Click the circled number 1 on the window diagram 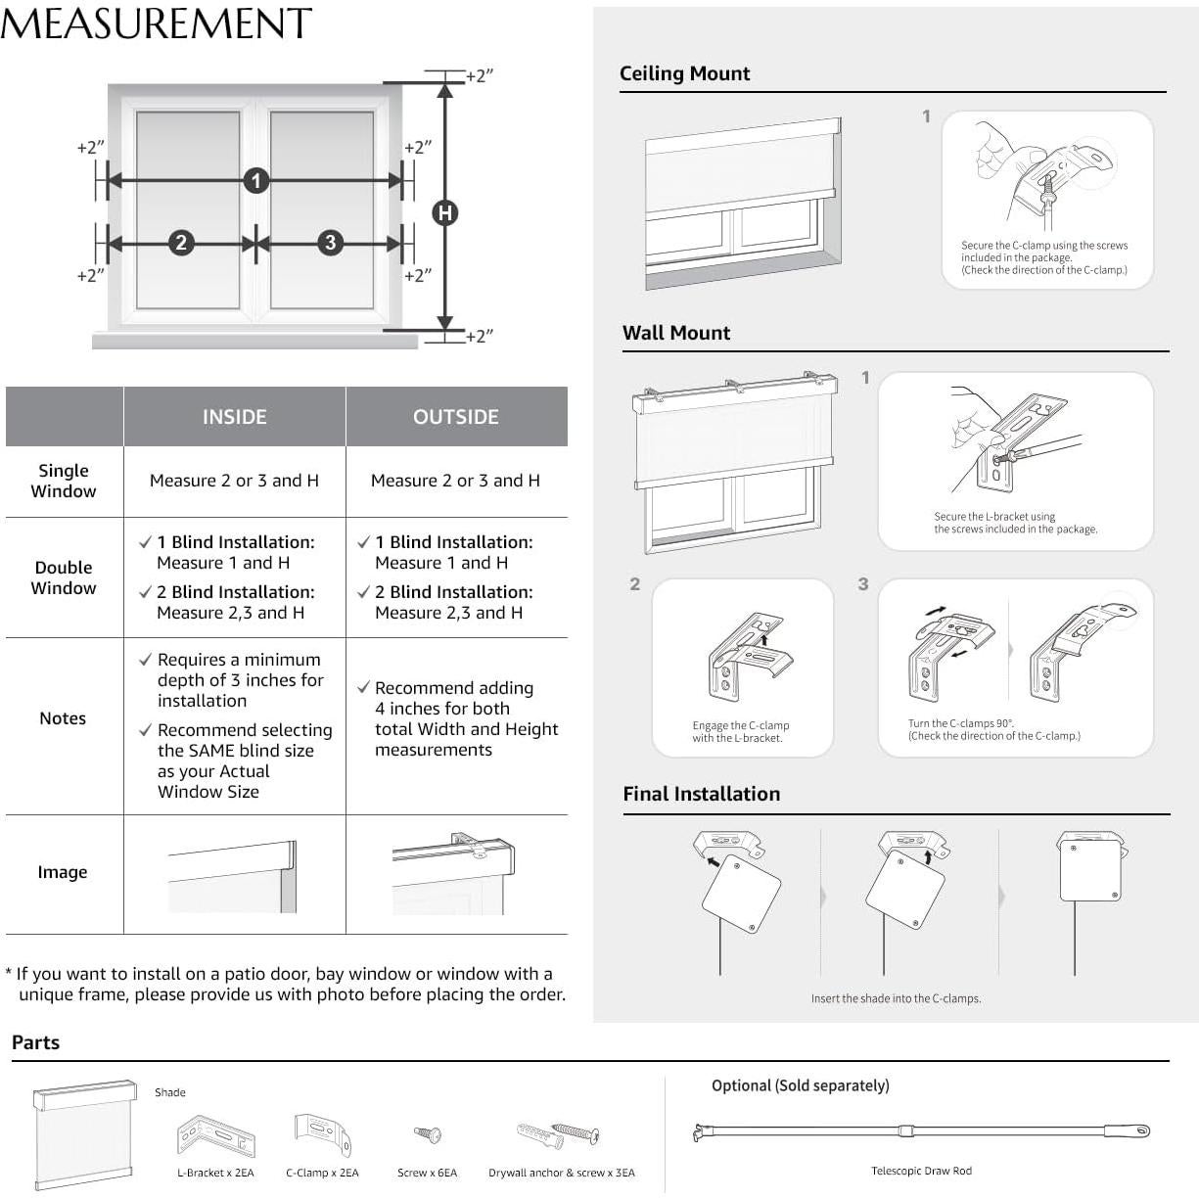click(256, 180)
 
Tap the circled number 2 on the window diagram click(181, 243)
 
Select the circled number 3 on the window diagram click(331, 243)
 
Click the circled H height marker click(445, 212)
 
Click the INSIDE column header click(234, 417)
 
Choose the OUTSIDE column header click(456, 417)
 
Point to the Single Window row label click(64, 481)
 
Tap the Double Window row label click(64, 577)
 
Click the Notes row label click(63, 718)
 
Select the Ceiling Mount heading click(684, 73)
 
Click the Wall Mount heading click(676, 333)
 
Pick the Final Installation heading click(702, 794)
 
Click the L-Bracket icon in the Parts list click(215, 1136)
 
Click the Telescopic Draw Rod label click(921, 1171)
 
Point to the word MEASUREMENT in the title click(157, 23)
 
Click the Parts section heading click(36, 1042)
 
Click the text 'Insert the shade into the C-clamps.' click(896, 998)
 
